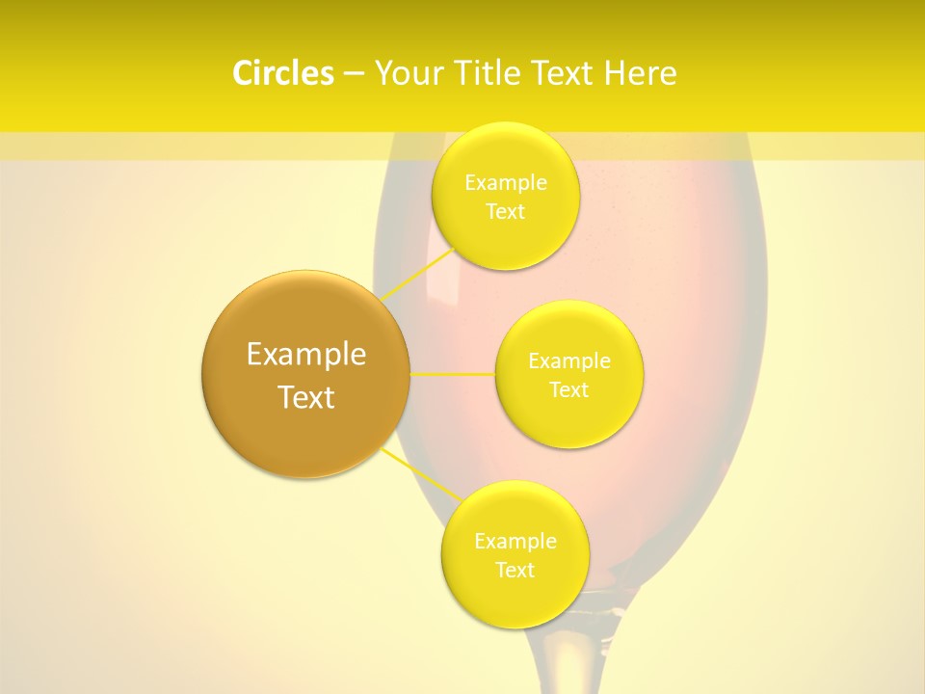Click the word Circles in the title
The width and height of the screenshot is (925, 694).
(x=282, y=73)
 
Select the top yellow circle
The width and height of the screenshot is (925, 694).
(x=505, y=231)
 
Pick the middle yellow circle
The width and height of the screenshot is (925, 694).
(x=569, y=414)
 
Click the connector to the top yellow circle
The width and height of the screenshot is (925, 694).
(x=420, y=272)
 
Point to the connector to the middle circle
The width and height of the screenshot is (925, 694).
(x=453, y=374)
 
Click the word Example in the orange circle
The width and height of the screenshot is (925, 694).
(x=305, y=355)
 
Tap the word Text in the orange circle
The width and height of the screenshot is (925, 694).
(x=305, y=397)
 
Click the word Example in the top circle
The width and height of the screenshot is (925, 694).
(x=505, y=183)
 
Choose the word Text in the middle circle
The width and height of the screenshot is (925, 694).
(x=569, y=389)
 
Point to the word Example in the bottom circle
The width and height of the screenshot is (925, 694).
(x=515, y=542)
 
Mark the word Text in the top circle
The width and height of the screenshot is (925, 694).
(x=505, y=211)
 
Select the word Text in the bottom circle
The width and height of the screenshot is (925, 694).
(x=515, y=570)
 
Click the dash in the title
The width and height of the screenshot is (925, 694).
(x=353, y=73)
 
